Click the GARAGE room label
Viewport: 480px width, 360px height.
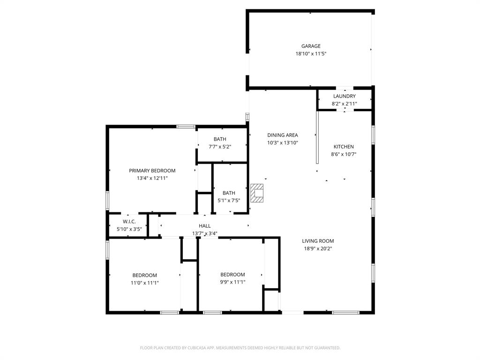pyautogui.click(x=311, y=46)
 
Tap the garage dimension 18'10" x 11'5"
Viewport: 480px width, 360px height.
pyautogui.click(x=311, y=54)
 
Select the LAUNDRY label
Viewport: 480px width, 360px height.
pyautogui.click(x=345, y=96)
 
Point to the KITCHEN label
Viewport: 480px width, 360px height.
pyautogui.click(x=344, y=147)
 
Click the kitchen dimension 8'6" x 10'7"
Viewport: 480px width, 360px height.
pyautogui.click(x=344, y=154)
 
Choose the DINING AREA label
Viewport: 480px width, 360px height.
pyautogui.click(x=283, y=135)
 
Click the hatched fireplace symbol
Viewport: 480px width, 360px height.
pyautogui.click(x=257, y=193)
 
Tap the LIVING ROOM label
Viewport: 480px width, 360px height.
pyautogui.click(x=318, y=241)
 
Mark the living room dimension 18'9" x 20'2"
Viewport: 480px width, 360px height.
pyautogui.click(x=318, y=249)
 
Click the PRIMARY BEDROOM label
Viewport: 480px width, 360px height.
pyautogui.click(x=152, y=171)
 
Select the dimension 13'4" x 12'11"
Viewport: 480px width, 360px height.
pyautogui.click(x=152, y=178)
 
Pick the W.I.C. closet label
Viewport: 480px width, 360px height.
pyautogui.click(x=129, y=221)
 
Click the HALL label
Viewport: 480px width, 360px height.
pyautogui.click(x=205, y=226)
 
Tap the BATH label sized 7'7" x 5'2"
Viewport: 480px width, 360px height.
pyautogui.click(x=220, y=139)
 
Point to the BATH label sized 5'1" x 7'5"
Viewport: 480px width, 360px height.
pyautogui.click(x=229, y=193)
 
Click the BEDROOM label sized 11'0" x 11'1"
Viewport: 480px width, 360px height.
pyautogui.click(x=145, y=275)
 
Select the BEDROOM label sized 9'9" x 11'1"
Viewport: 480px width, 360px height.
pyautogui.click(x=233, y=274)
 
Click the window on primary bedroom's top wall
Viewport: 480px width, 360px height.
pyautogui.click(x=186, y=126)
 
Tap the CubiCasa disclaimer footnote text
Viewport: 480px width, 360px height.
pyautogui.click(x=240, y=348)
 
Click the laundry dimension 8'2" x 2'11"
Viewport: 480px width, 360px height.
pyautogui.click(x=345, y=104)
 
